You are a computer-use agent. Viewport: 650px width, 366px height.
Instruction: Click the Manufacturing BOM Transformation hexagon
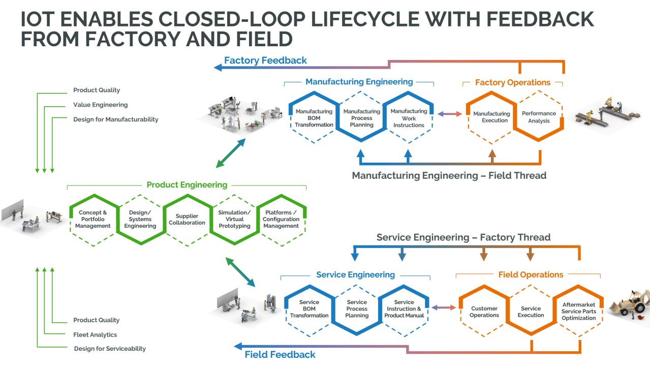tap(314, 118)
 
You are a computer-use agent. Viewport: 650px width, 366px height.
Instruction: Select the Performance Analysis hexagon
tap(539, 117)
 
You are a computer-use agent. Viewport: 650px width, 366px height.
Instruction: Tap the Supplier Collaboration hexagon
tap(187, 220)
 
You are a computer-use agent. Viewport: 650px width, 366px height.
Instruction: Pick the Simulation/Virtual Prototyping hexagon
tap(234, 220)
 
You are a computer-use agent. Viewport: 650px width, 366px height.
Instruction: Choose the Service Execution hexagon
tap(531, 312)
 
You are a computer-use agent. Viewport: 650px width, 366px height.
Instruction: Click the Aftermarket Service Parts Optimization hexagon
tap(578, 312)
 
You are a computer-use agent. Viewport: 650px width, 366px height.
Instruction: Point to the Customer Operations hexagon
tap(484, 312)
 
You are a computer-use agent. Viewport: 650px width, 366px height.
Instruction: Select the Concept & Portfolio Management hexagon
tap(92, 220)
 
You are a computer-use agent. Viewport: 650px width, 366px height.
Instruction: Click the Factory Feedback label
tap(265, 60)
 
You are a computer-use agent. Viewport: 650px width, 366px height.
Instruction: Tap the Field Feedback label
tap(280, 355)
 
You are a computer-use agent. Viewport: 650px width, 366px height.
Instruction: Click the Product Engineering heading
tap(187, 185)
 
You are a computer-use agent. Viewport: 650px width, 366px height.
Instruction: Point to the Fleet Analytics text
tap(95, 334)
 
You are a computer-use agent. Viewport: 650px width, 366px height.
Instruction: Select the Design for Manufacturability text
tap(115, 119)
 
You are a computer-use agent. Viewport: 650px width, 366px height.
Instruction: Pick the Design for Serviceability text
tap(110, 349)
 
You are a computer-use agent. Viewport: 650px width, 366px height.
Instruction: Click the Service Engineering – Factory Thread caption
tap(463, 237)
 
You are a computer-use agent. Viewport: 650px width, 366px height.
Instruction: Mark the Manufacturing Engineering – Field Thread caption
tap(449, 176)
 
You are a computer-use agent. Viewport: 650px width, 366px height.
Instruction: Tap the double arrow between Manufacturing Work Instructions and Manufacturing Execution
tap(450, 114)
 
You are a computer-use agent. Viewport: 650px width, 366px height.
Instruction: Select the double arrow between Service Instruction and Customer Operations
tap(444, 308)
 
